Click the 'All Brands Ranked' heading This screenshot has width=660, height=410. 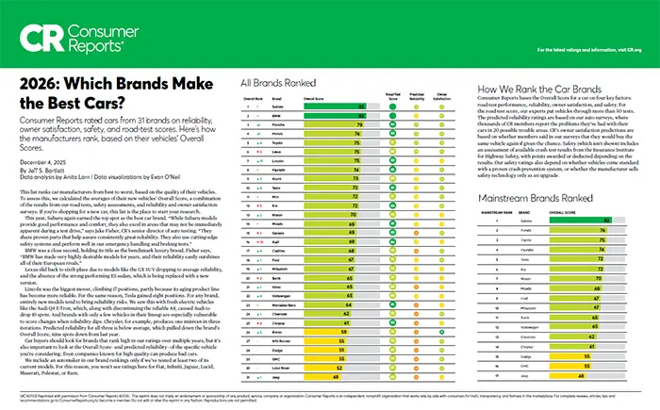(x=281, y=81)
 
